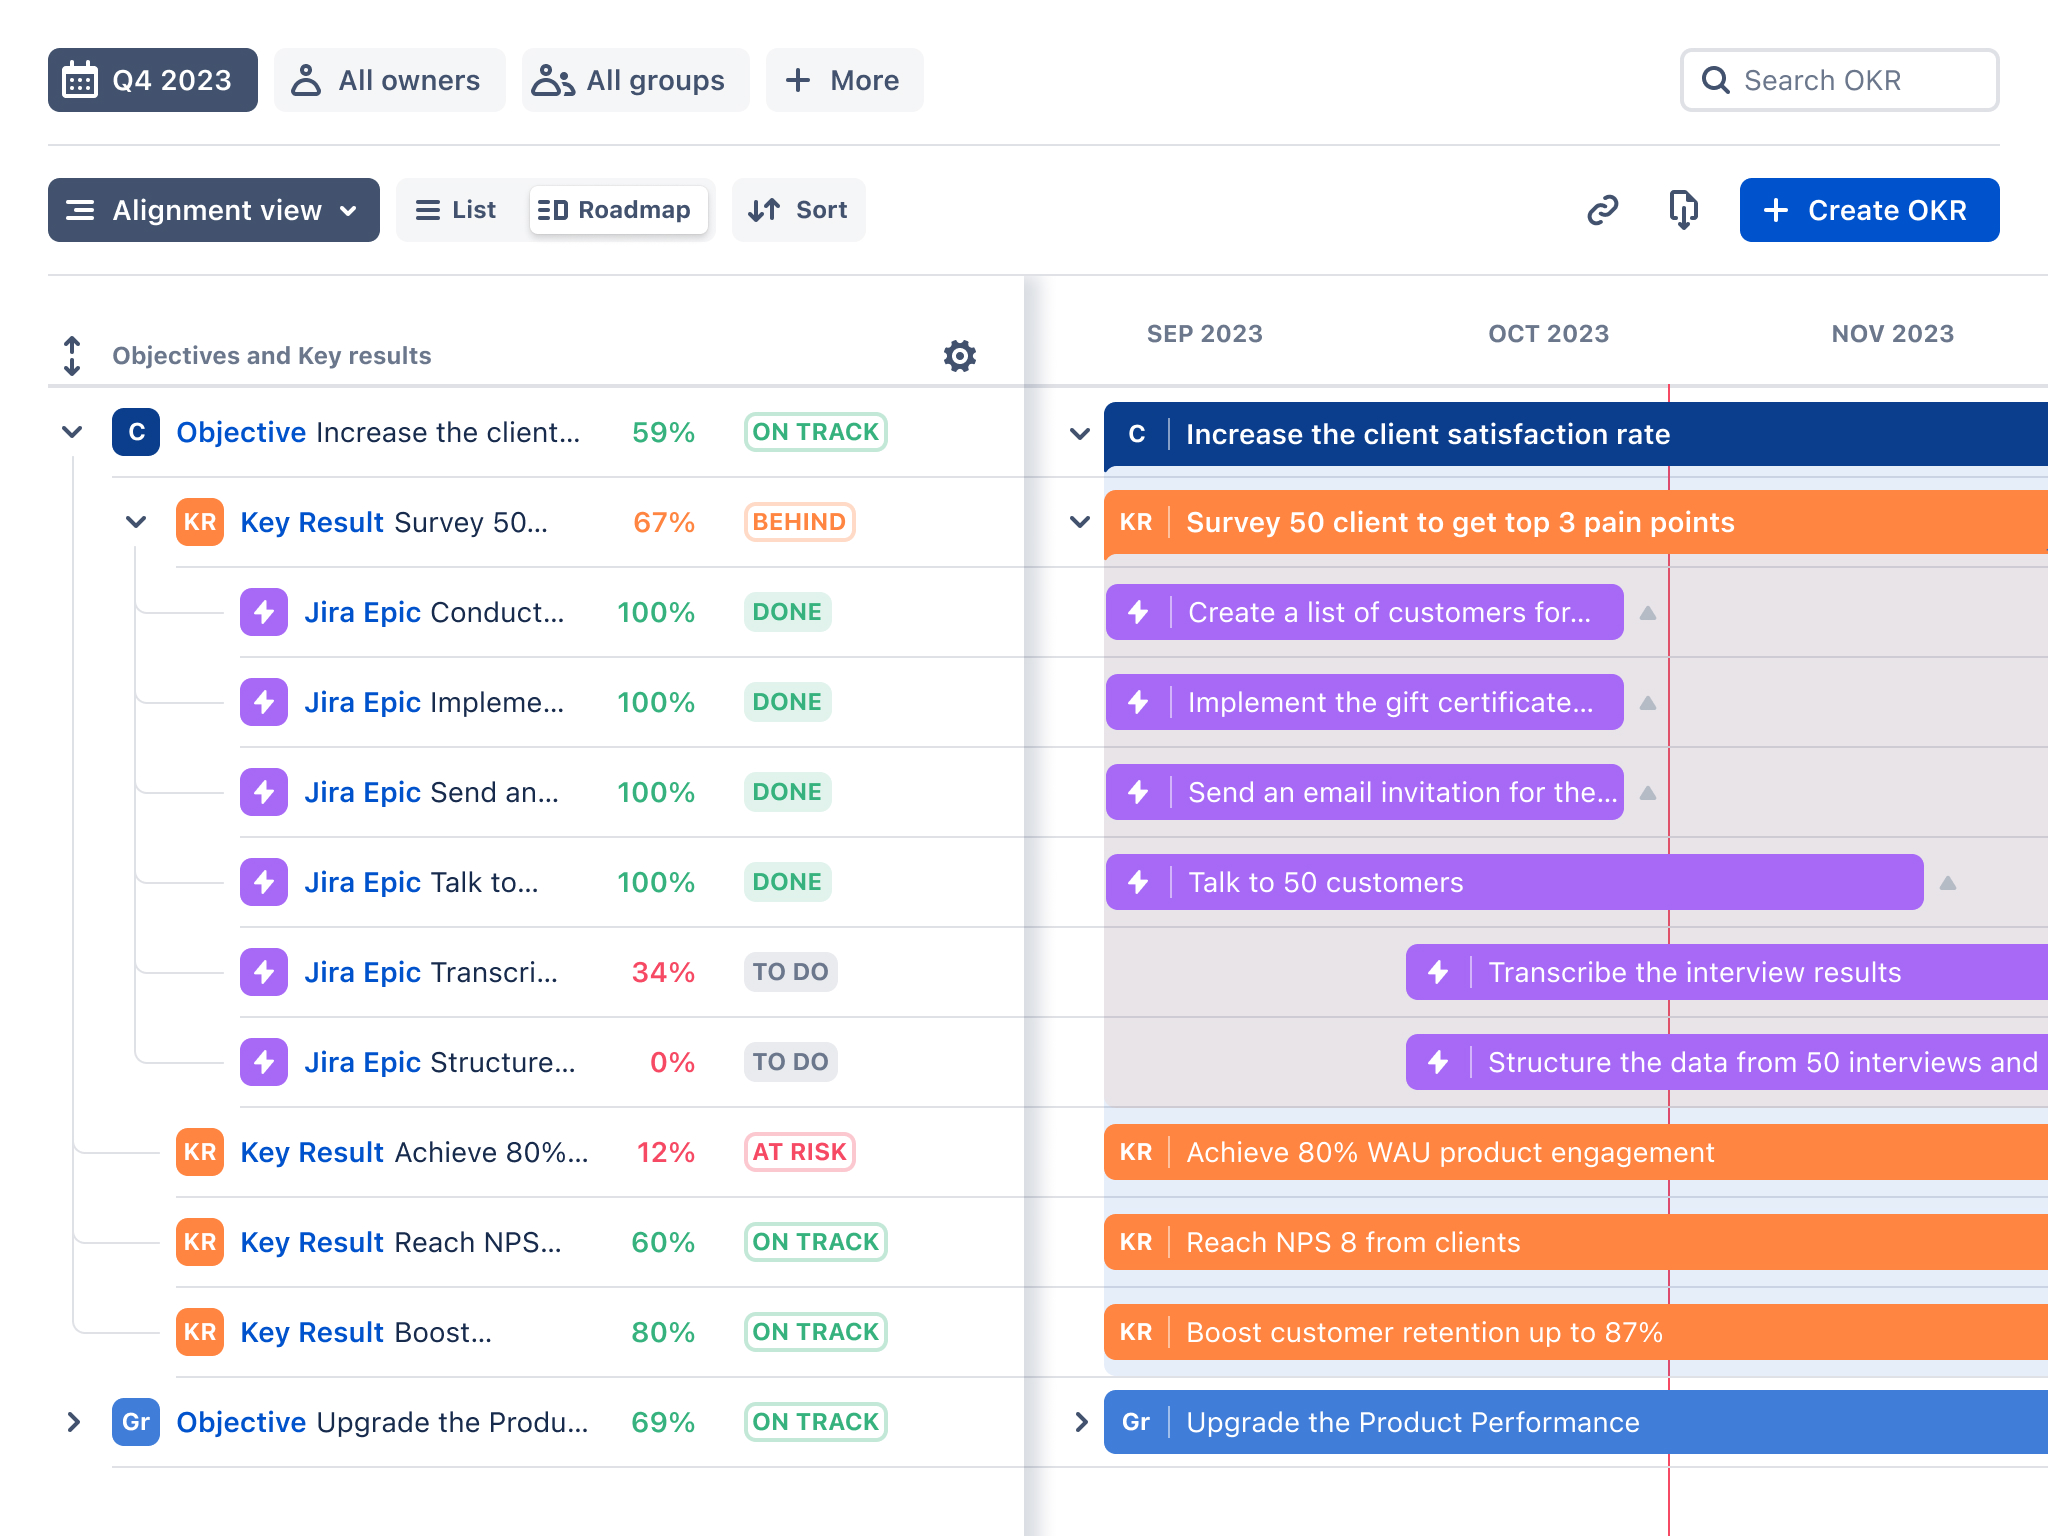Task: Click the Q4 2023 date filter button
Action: point(153,80)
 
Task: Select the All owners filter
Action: point(389,80)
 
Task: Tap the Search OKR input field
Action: point(1839,80)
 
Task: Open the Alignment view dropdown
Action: point(214,210)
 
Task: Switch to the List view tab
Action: point(457,210)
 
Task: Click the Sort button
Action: point(799,210)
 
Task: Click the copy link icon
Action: point(1602,210)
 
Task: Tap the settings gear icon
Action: point(960,355)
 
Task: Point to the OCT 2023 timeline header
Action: point(1548,334)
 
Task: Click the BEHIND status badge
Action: point(799,522)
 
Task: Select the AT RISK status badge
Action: point(799,1152)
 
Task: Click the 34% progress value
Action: point(663,972)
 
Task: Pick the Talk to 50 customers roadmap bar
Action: point(1514,882)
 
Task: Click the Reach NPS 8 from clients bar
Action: point(1576,1242)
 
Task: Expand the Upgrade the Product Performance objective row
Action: point(73,1422)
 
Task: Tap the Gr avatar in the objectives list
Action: point(136,1422)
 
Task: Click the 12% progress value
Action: point(666,1152)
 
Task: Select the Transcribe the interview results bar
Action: point(1727,972)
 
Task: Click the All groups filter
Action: point(635,80)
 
